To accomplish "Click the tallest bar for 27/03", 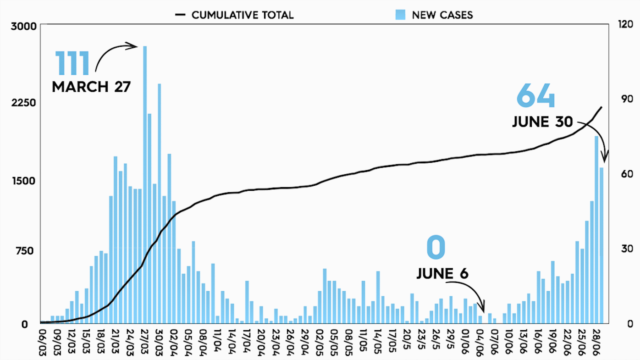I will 145,183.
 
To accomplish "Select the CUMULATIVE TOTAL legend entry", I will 234,15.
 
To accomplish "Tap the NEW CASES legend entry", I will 434,15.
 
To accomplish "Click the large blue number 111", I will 72,64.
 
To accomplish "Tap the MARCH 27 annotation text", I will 91,87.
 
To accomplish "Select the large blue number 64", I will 535,96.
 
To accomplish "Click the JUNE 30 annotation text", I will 542,122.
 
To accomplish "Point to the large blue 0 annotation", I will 436,248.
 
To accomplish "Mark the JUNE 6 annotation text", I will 442,274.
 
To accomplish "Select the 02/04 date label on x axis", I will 175,339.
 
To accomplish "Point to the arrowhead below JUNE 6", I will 481,308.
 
